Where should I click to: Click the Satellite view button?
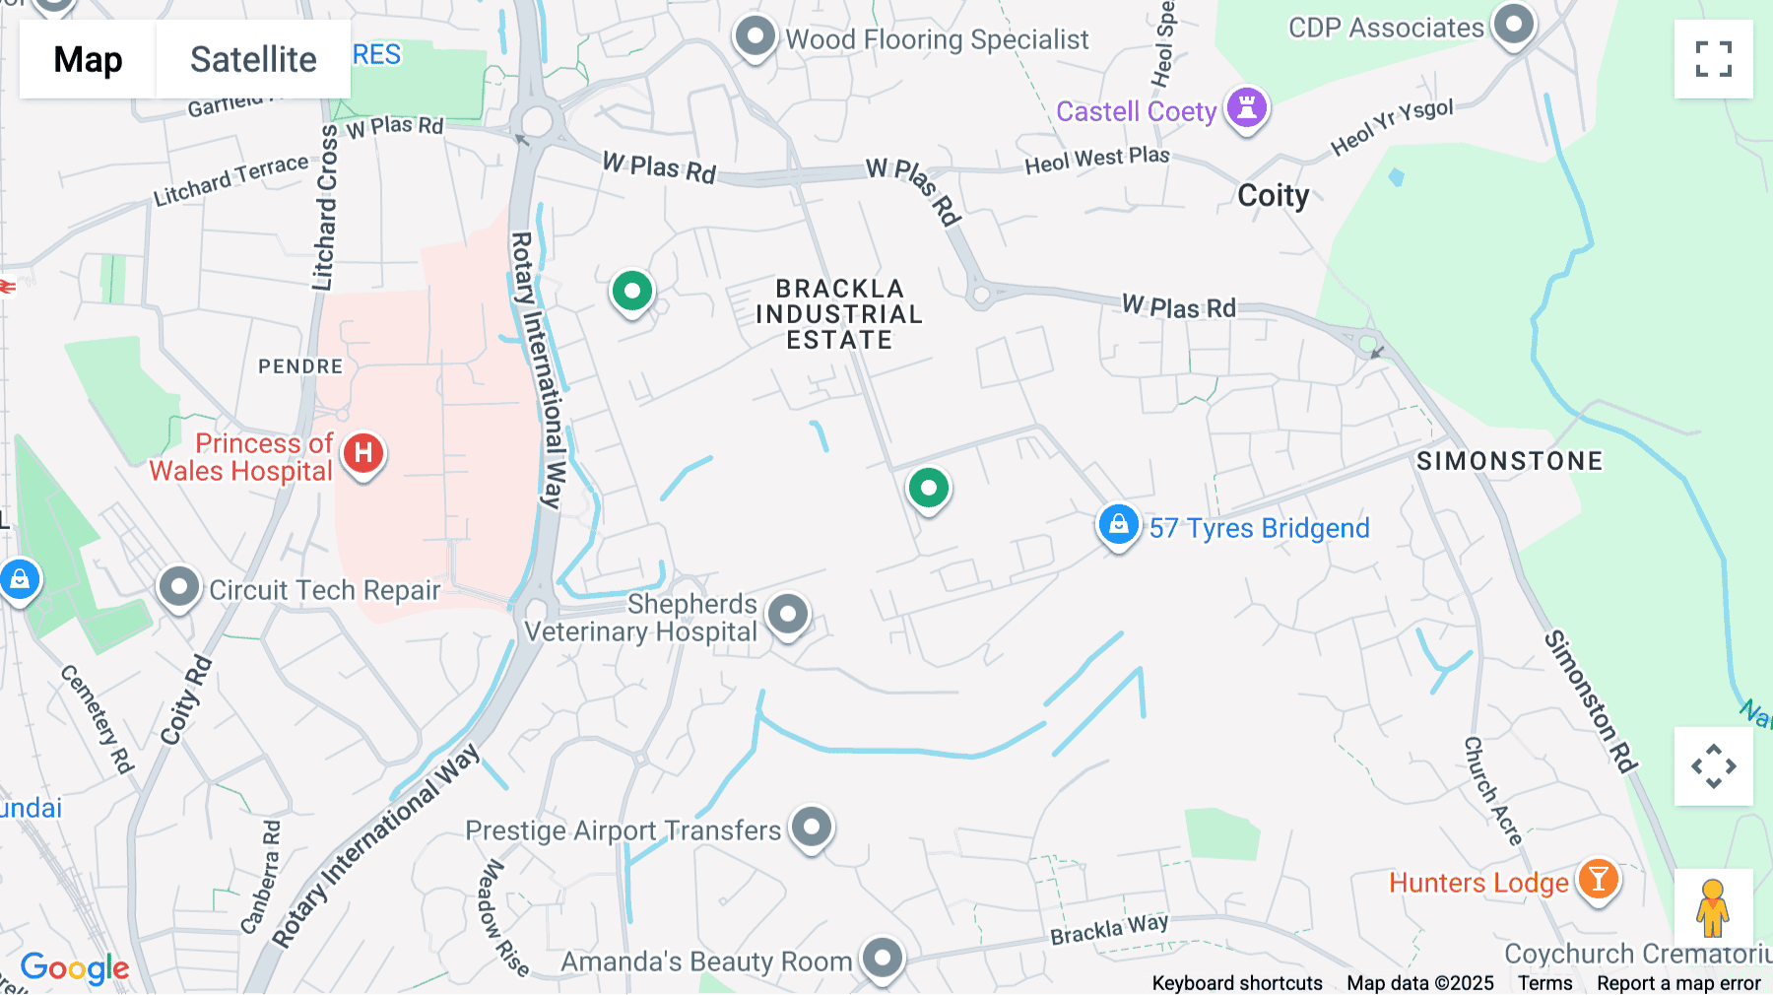[252, 59]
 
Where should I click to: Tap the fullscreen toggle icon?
[1713, 59]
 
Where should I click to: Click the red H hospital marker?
[363, 453]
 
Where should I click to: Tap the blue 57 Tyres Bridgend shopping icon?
[1118, 525]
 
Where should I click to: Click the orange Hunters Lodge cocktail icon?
[1598, 878]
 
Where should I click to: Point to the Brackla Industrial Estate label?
[838, 314]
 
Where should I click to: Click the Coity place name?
[1273, 195]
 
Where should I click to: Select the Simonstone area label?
[1509, 461]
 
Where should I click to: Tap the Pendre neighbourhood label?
[300, 366]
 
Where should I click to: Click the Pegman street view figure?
[1712, 907]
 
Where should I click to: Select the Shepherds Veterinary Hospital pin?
[788, 615]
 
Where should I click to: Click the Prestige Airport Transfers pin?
[812, 828]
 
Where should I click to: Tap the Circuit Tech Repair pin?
[179, 587]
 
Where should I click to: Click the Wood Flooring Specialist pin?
[755, 36]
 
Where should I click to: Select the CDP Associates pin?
[1513, 24]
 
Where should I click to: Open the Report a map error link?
[1678, 983]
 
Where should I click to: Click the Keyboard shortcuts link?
[1237, 983]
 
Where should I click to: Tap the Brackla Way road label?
[1109, 929]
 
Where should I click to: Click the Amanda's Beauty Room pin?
[882, 958]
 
